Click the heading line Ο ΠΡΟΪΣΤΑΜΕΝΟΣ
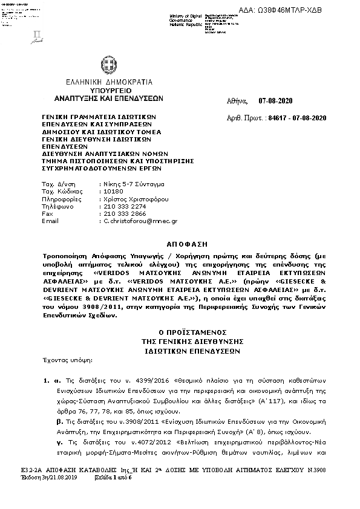(180, 332)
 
